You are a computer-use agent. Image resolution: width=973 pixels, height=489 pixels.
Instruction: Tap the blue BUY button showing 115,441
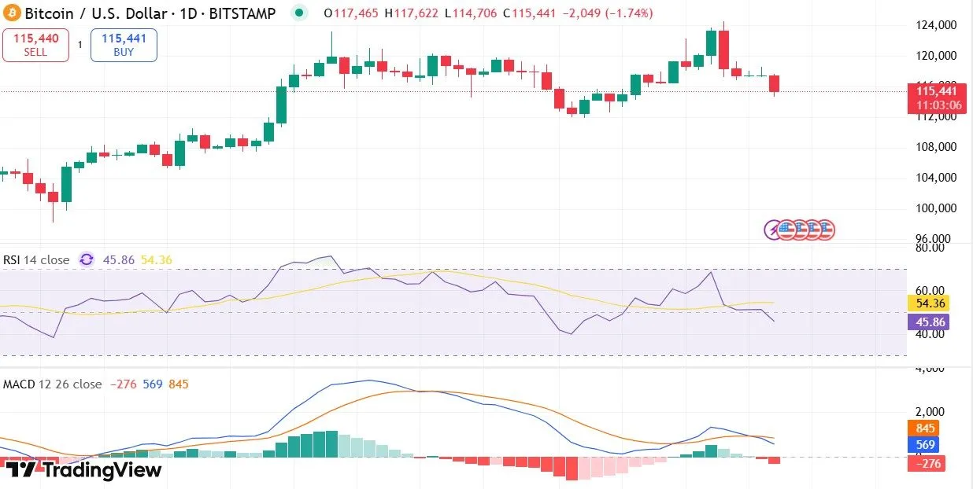[x=124, y=45]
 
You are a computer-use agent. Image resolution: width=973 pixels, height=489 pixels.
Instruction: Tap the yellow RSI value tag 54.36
[x=928, y=303]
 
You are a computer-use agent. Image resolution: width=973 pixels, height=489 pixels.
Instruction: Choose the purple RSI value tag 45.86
[x=928, y=322]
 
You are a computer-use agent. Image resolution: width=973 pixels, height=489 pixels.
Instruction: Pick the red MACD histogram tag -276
[x=926, y=464]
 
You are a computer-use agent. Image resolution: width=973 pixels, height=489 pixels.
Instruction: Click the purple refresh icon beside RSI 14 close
[x=87, y=259]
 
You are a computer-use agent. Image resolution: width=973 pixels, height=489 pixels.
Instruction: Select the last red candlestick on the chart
[x=775, y=83]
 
